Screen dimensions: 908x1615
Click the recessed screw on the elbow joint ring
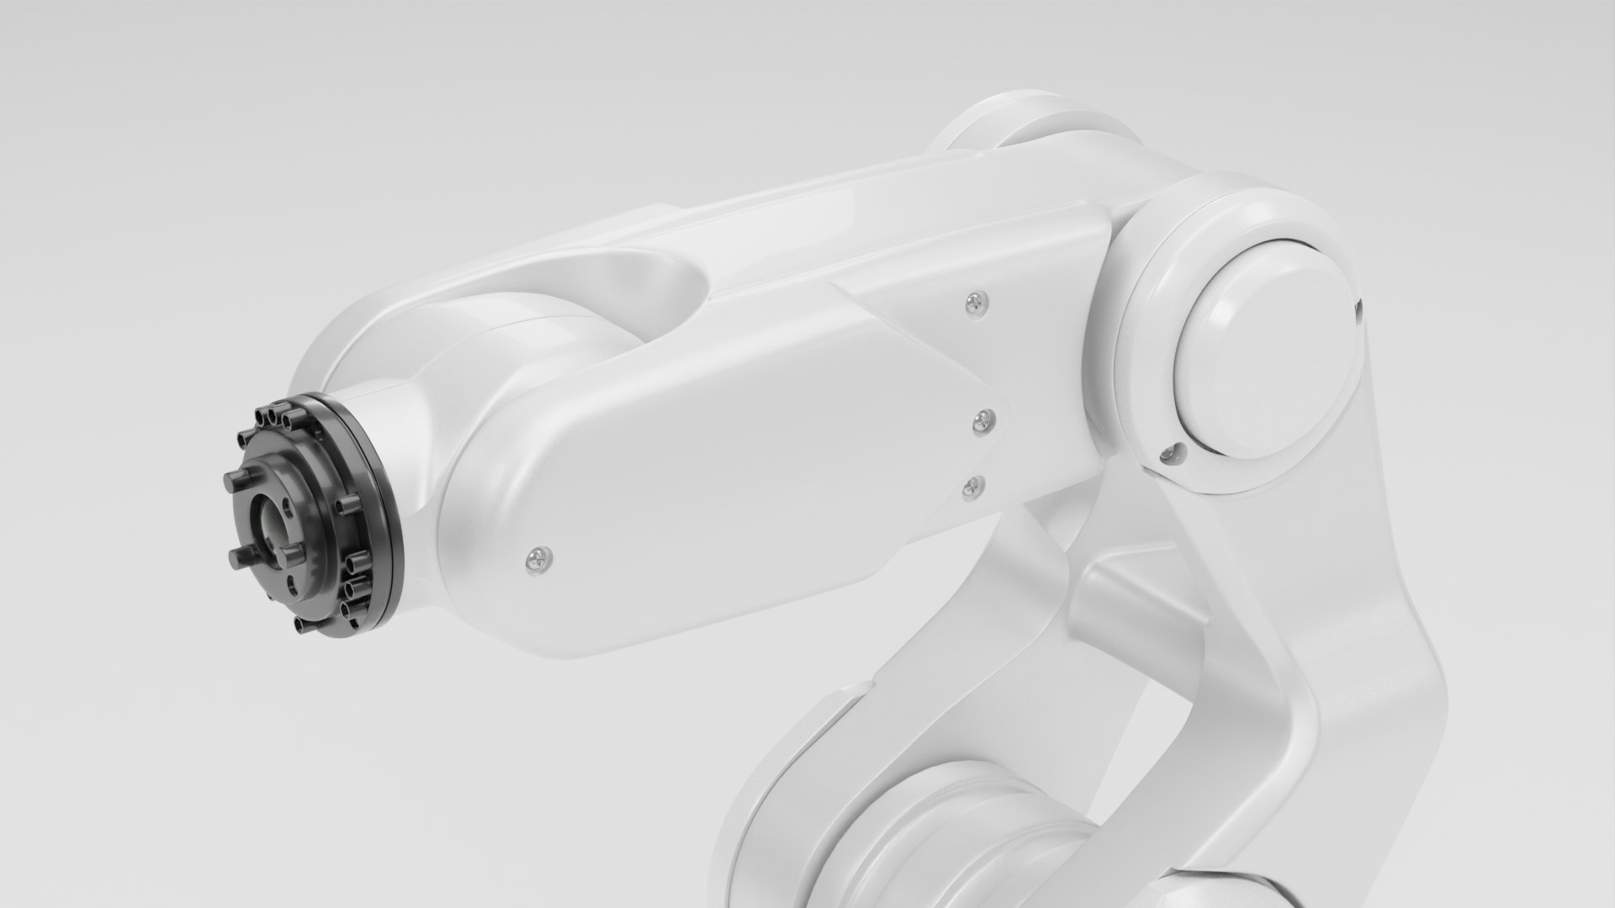pos(1168,455)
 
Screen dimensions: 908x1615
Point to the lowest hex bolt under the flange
pos(301,625)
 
